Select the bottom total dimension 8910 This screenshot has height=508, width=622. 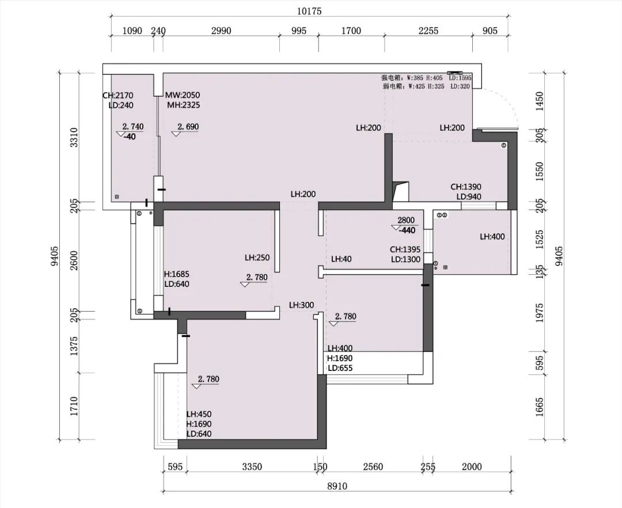tap(337, 486)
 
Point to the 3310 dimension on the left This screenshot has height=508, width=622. tap(73, 138)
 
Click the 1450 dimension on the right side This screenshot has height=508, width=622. tap(539, 103)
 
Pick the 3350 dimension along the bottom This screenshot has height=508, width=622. tap(252, 467)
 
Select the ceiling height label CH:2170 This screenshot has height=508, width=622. tap(118, 96)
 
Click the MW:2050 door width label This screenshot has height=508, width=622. tap(183, 95)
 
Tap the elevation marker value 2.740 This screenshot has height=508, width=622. tap(132, 127)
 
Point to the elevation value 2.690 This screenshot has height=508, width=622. tap(188, 127)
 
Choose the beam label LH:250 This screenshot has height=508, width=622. tap(257, 258)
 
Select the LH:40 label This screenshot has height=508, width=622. tap(342, 259)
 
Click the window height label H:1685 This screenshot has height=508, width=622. tap(177, 274)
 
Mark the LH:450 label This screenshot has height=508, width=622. tap(199, 414)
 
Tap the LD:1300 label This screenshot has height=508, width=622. tap(405, 260)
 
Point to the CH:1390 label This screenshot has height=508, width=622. tap(465, 187)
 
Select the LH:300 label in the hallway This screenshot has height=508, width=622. tap(301, 305)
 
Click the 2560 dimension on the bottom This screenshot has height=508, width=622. tap(373, 467)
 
